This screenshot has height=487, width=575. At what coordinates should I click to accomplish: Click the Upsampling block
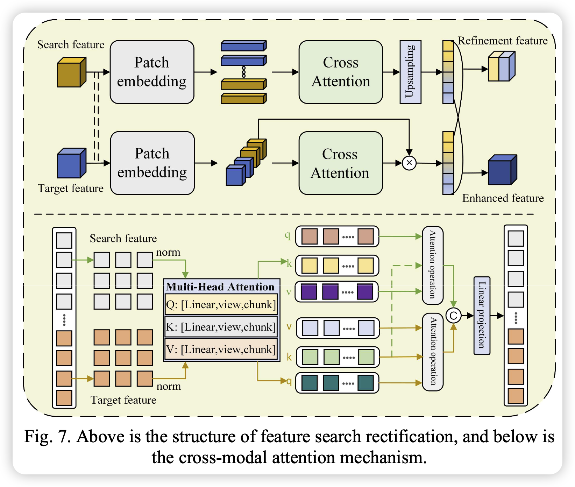click(x=410, y=72)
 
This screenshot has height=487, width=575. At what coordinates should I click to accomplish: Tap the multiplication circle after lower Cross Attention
click(x=409, y=163)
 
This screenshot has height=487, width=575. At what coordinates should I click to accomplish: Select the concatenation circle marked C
click(x=453, y=316)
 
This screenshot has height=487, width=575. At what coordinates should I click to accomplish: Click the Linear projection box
click(x=482, y=316)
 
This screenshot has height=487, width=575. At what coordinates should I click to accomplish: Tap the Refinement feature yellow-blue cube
click(x=501, y=66)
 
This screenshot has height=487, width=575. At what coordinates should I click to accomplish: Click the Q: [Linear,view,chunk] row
click(x=221, y=305)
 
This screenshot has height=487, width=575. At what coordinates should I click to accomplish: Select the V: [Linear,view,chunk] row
click(x=221, y=349)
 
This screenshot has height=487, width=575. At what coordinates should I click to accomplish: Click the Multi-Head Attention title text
click(x=220, y=287)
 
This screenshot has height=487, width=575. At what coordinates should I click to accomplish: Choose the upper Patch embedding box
click(x=152, y=72)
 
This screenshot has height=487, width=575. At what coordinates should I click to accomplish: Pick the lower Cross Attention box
click(x=340, y=163)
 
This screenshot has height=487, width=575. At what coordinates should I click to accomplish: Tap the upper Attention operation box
click(x=433, y=265)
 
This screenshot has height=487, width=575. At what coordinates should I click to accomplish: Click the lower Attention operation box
click(x=433, y=352)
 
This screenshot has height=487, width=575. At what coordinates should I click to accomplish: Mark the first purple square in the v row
click(x=309, y=292)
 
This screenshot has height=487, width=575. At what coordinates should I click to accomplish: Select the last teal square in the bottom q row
click(x=365, y=383)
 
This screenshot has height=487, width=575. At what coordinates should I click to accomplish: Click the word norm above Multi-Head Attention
click(x=168, y=252)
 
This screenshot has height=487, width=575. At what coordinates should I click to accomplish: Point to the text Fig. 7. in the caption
click(x=48, y=437)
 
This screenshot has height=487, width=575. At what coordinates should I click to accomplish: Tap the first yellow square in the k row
click(x=310, y=266)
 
